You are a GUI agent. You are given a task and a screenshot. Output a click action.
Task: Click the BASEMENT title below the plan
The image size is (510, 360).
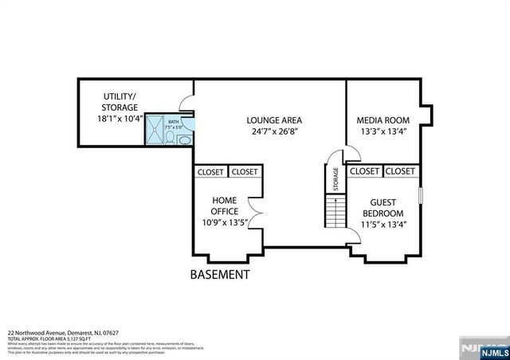(220, 275)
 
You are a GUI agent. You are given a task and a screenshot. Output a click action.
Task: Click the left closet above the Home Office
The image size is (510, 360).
(210, 171)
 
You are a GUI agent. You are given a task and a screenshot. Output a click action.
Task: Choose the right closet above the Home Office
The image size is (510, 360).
(245, 171)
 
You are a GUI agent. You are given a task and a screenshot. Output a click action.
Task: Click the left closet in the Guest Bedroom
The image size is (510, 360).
(364, 171)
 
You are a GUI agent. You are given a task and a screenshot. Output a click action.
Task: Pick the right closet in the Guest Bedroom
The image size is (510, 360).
(400, 171)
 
